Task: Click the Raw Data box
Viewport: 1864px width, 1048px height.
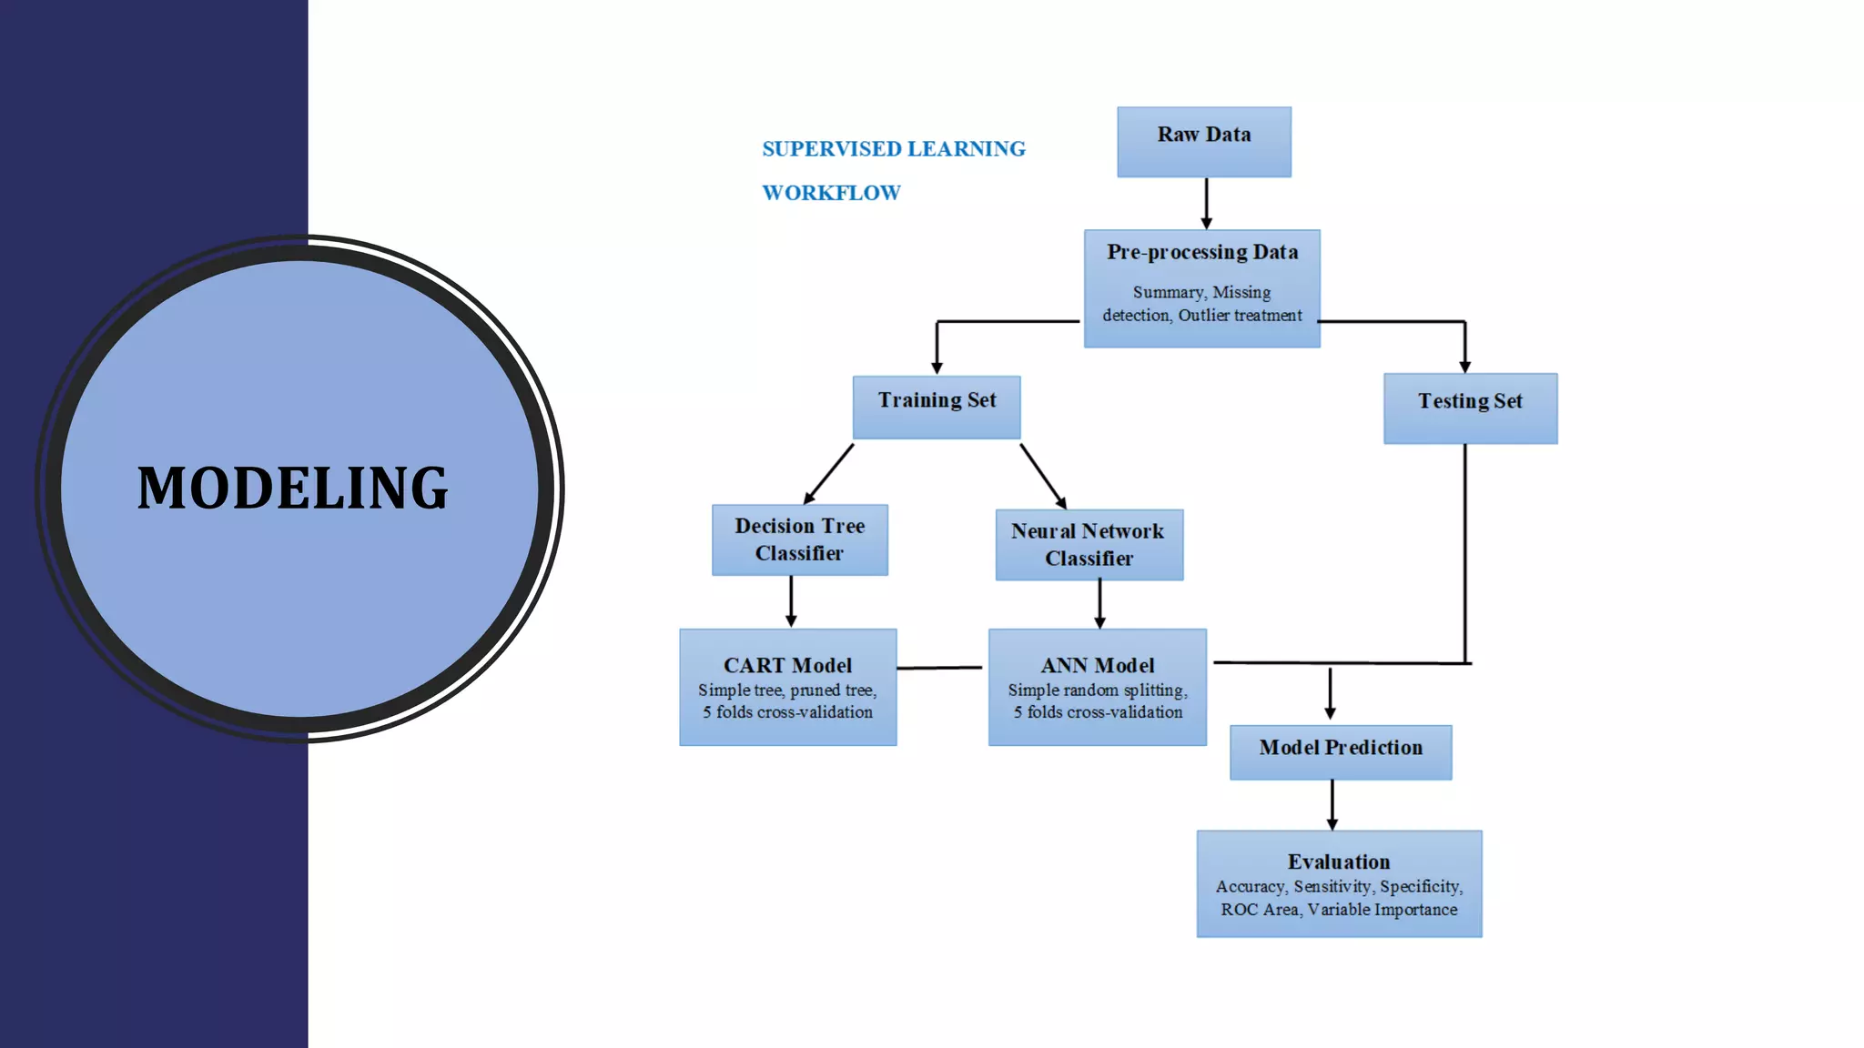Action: point(1203,141)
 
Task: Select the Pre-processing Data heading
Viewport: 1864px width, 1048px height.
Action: point(1201,252)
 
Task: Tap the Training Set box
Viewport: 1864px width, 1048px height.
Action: point(937,406)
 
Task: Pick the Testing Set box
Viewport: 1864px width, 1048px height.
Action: point(1470,408)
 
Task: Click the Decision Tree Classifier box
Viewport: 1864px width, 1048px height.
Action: point(799,539)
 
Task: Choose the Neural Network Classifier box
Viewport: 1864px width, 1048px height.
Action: point(1089,544)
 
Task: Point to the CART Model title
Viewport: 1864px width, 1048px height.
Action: point(787,665)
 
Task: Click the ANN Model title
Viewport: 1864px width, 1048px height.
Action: point(1098,665)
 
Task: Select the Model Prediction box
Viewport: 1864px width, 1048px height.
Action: point(1340,751)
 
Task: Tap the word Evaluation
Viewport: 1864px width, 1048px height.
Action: point(1338,862)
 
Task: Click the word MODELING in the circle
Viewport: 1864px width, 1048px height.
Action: point(292,489)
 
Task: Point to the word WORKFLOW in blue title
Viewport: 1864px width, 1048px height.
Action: point(831,193)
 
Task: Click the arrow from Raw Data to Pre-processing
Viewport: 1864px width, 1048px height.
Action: point(1206,203)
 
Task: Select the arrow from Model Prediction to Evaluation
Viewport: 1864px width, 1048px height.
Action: point(1332,804)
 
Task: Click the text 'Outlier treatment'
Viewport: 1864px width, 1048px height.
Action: point(1240,316)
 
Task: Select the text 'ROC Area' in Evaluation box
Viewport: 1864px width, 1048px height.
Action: point(1259,910)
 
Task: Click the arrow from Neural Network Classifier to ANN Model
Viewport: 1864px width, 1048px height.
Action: point(1099,603)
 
